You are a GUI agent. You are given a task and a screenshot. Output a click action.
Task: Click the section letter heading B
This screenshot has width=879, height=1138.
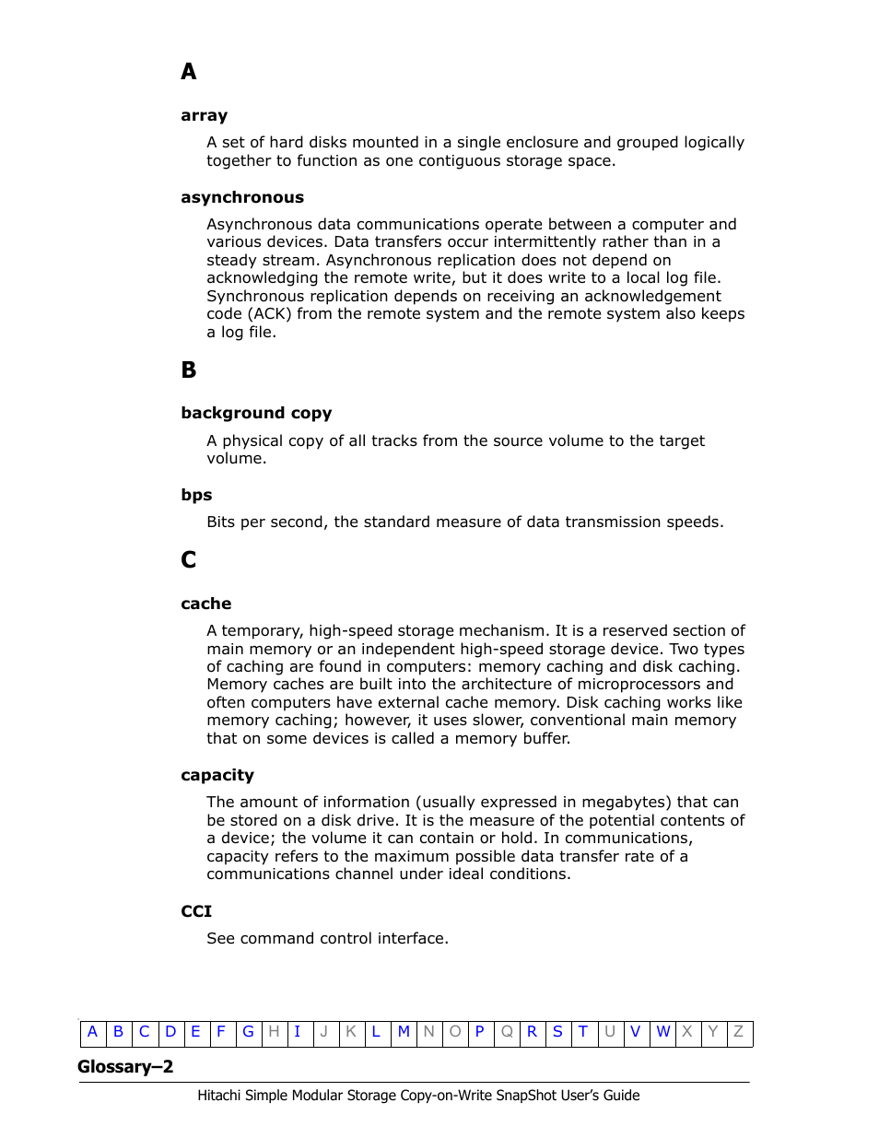[x=189, y=370]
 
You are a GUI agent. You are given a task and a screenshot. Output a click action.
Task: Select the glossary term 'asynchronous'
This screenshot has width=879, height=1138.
[x=242, y=197]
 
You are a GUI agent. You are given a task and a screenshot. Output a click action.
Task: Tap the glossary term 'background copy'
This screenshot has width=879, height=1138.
[x=256, y=413]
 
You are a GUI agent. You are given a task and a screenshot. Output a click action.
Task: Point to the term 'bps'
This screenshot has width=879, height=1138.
[x=196, y=495]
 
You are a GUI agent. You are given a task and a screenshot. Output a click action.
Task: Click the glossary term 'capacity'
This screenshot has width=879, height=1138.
[x=217, y=775]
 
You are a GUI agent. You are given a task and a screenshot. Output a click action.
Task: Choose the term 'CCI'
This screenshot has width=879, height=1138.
[x=196, y=911]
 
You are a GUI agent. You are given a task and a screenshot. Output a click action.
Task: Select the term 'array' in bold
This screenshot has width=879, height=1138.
[x=204, y=115]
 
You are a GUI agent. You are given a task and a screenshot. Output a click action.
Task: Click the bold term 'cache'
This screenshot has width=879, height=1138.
[x=206, y=604]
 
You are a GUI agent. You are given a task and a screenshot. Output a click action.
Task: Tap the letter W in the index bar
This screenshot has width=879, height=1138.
[x=662, y=1032]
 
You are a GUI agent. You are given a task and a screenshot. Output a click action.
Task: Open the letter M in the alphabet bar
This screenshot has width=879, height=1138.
[x=404, y=1032]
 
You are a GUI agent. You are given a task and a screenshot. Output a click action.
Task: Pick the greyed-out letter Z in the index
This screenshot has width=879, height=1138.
[x=738, y=1032]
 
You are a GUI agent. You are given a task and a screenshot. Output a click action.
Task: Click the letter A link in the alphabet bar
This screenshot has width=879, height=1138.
[x=92, y=1032]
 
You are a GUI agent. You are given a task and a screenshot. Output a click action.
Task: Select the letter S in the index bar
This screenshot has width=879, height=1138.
[x=557, y=1032]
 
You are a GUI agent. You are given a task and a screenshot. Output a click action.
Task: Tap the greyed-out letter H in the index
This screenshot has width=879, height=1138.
[x=274, y=1032]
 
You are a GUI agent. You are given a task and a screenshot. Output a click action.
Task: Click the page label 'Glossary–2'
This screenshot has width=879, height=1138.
[x=125, y=1067]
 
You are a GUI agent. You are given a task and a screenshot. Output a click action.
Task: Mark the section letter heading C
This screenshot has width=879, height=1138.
[x=189, y=560]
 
